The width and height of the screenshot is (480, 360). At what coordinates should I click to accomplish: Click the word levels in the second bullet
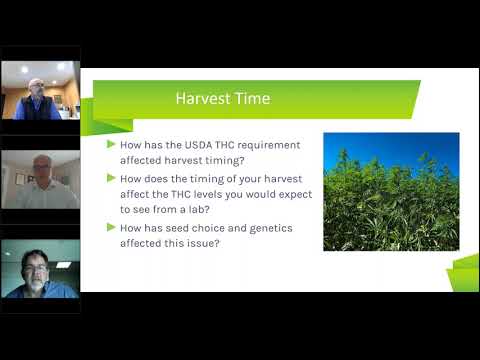pyautogui.click(x=212, y=196)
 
